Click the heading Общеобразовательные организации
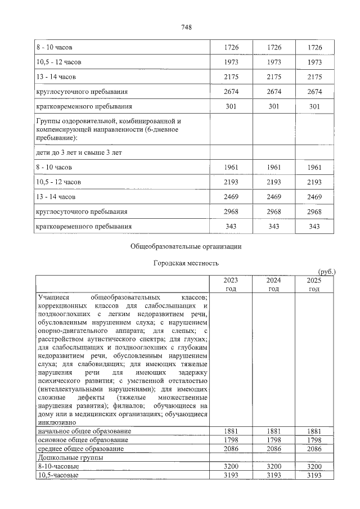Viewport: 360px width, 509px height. pyautogui.click(x=186, y=246)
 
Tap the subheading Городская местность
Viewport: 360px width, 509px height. pyautogui.click(x=186, y=263)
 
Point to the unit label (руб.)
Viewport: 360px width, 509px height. pyautogui.click(x=326, y=272)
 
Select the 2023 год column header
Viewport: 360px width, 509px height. pyautogui.click(x=231, y=284)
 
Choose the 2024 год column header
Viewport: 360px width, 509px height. pyautogui.click(x=273, y=284)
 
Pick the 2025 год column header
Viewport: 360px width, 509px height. pyautogui.click(x=314, y=284)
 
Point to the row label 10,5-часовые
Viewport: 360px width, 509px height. pyautogui.click(x=57, y=475)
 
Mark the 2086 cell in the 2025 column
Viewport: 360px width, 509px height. pyautogui.click(x=314, y=448)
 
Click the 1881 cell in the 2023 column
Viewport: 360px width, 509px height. pyautogui.click(x=231, y=431)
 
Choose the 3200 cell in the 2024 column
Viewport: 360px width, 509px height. pyautogui.click(x=273, y=466)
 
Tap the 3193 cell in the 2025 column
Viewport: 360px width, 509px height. pyautogui.click(x=314, y=475)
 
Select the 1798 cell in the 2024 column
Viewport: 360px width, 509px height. pyautogui.click(x=273, y=439)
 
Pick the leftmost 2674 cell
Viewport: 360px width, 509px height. pyautogui.click(x=231, y=91)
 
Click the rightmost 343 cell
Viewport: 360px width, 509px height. pyautogui.click(x=314, y=226)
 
